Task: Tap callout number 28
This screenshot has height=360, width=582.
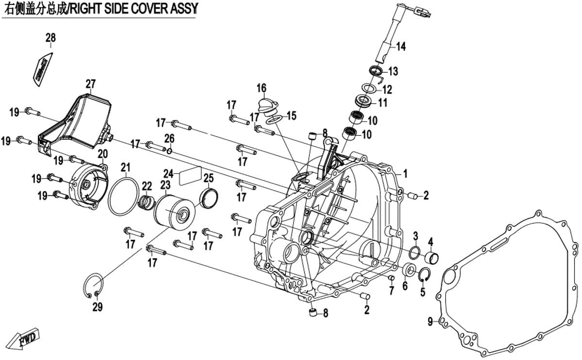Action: [x=51, y=38]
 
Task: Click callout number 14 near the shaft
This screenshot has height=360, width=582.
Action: [x=401, y=47]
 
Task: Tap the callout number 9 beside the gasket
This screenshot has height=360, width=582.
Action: [x=430, y=321]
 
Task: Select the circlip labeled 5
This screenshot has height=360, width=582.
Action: [x=425, y=274]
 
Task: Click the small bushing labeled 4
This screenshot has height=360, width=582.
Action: [x=432, y=256]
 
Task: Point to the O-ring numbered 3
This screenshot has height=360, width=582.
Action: [x=415, y=252]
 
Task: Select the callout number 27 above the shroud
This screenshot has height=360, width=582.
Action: [x=90, y=84]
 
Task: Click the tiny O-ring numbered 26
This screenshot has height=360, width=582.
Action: [x=169, y=151]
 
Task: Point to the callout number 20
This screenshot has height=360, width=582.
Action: [x=102, y=154]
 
